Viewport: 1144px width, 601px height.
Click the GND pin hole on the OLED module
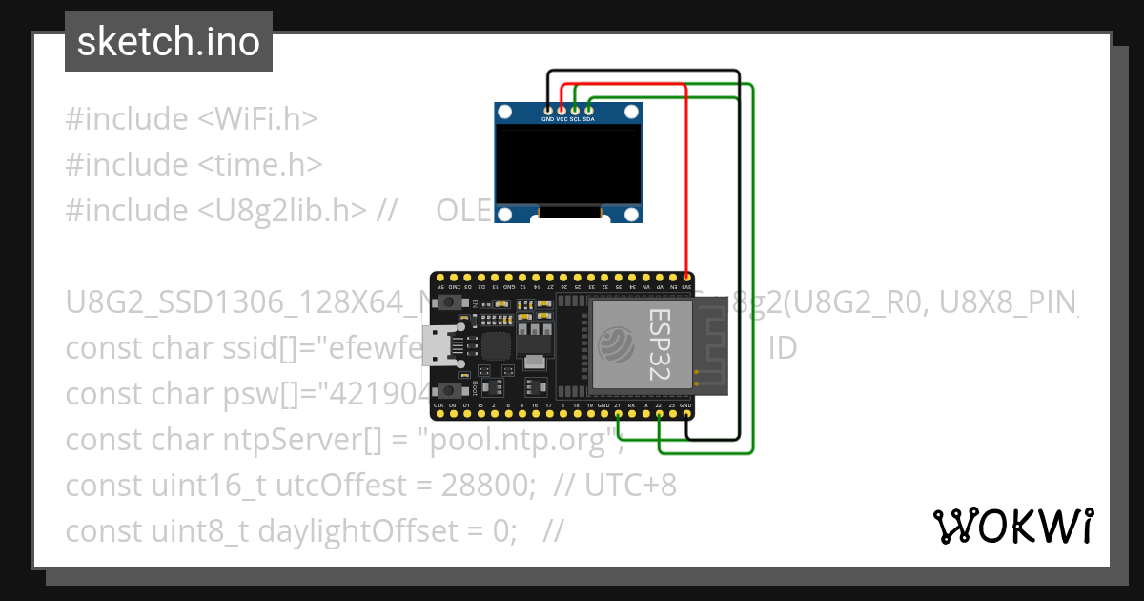click(x=547, y=112)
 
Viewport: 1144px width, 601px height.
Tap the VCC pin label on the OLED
click(x=562, y=120)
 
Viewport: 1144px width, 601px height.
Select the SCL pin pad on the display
click(x=575, y=112)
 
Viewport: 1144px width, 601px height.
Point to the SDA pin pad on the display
click(x=589, y=112)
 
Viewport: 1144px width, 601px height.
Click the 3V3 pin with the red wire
click(x=686, y=277)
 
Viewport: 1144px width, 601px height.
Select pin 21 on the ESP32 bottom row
click(x=618, y=414)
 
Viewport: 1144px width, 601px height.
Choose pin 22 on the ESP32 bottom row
click(x=659, y=414)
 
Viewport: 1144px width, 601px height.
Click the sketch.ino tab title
click(x=169, y=42)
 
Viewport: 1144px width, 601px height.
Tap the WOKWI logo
click(x=1012, y=526)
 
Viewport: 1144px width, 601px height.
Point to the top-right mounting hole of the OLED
click(x=631, y=113)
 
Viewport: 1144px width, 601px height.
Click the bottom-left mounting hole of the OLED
click(x=504, y=214)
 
